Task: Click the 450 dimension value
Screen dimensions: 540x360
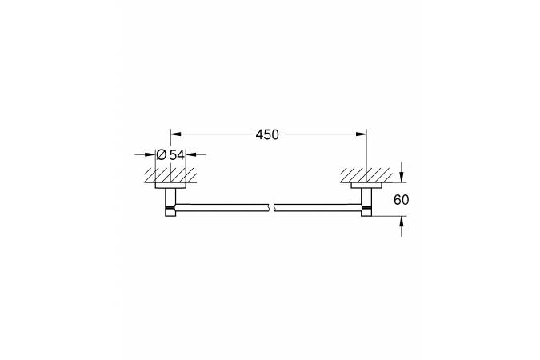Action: pos(267,134)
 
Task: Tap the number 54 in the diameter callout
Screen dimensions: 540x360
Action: pos(177,154)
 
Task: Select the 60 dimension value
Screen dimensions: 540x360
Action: pos(402,200)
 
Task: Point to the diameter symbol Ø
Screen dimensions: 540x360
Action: pos(161,154)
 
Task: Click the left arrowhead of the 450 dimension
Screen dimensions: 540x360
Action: pos(176,134)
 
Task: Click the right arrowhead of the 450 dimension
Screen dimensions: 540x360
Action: pos(362,134)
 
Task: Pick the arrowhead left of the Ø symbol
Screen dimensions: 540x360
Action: pos(150,154)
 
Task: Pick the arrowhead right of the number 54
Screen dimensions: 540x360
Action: pos(191,154)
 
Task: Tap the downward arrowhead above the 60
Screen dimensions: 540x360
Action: pos(402,177)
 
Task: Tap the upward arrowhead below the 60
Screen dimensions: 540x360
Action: pos(402,222)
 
